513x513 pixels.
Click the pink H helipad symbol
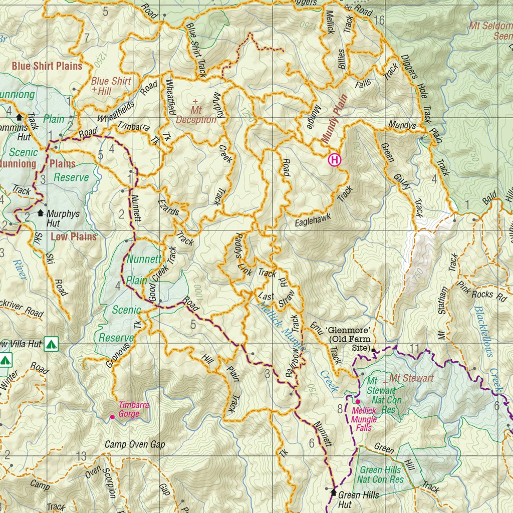[334, 160]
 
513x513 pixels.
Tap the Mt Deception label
[196, 115]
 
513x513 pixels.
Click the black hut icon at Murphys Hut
[41, 213]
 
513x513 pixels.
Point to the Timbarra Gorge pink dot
[112, 416]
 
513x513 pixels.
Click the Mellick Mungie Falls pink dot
[358, 401]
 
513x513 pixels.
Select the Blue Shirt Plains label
[47, 66]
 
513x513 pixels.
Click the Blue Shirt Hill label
[111, 86]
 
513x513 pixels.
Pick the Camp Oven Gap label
[135, 444]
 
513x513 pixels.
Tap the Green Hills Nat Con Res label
[381, 474]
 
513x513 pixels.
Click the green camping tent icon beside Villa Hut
[51, 344]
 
